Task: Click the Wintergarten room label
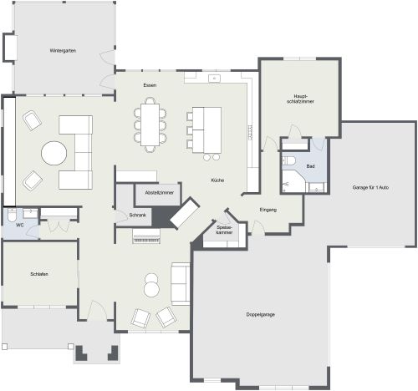(63, 51)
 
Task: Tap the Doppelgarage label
(260, 315)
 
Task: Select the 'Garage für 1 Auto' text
(370, 188)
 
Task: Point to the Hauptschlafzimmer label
(300, 99)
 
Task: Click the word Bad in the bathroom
(310, 166)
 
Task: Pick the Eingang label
(268, 210)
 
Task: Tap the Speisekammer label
(224, 230)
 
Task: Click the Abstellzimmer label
(159, 193)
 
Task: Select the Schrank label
(138, 216)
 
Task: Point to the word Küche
(217, 180)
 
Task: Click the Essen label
(150, 85)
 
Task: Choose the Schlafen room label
(39, 274)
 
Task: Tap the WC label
(20, 225)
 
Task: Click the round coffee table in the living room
(54, 153)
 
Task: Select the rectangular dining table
(150, 124)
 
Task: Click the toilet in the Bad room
(289, 160)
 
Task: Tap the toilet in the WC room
(12, 215)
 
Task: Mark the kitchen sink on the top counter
(214, 79)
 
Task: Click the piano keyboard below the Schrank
(146, 236)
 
